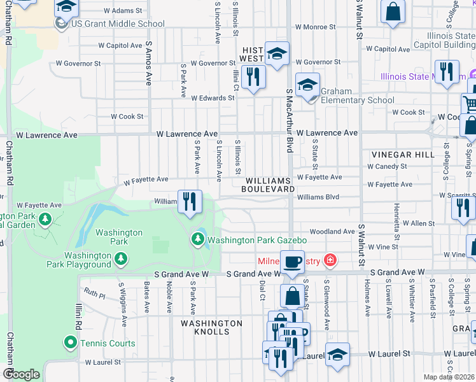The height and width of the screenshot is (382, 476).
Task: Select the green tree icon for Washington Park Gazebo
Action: coord(198,240)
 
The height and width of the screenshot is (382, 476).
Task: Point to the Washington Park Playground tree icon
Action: coord(120,259)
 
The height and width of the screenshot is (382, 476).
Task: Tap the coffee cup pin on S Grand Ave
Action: coord(292,262)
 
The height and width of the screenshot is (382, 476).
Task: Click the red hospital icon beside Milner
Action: coord(329,260)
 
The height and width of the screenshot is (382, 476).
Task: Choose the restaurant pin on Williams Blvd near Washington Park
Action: coord(190,202)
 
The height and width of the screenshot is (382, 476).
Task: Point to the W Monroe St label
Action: coord(315,27)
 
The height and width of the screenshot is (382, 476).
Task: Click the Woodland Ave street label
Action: coord(332,232)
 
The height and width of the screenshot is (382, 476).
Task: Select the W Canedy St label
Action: coord(387,166)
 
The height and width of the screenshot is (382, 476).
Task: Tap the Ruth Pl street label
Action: coord(94,295)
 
